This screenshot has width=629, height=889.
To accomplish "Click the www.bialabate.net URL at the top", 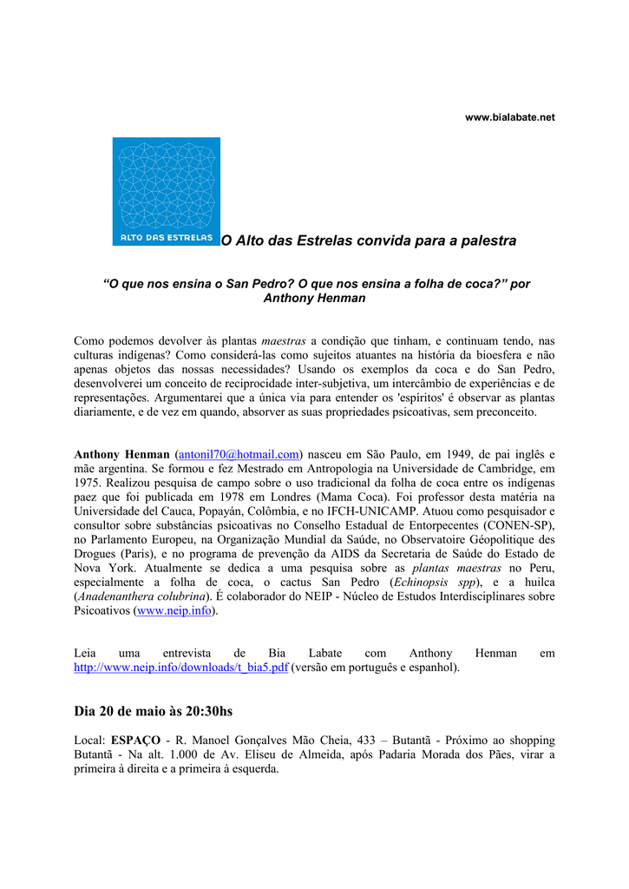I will point(510,116).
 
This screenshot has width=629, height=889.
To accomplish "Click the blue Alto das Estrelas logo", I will point(166,191).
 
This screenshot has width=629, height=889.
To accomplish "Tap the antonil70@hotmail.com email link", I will point(239,454).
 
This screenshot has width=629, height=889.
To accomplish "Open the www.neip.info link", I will point(174,610).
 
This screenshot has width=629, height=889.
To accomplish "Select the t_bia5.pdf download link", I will point(180,668).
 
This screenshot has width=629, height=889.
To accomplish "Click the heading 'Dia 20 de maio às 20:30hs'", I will point(154,711).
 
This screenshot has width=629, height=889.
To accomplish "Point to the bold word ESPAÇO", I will point(135,740).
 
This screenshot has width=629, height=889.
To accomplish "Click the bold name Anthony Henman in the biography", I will point(121,454).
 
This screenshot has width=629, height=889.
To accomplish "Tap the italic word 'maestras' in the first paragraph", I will point(284,339).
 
